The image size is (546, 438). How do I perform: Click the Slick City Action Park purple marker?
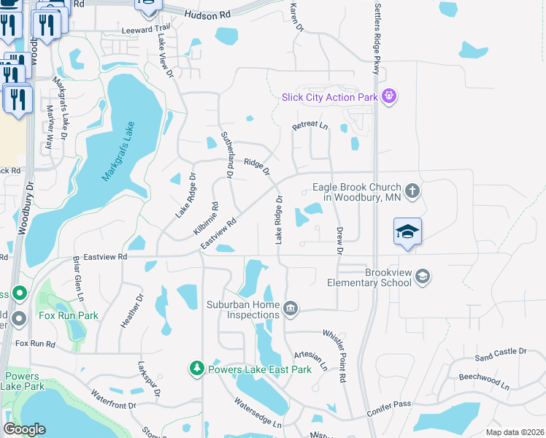tap(389, 96)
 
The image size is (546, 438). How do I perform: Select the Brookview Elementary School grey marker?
tap(423, 277)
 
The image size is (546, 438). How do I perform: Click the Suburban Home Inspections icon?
tap(291, 309)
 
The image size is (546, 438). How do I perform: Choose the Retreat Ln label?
tap(310, 126)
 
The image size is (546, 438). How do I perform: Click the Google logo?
tap(24, 429)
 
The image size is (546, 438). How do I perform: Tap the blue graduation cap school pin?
tap(407, 232)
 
